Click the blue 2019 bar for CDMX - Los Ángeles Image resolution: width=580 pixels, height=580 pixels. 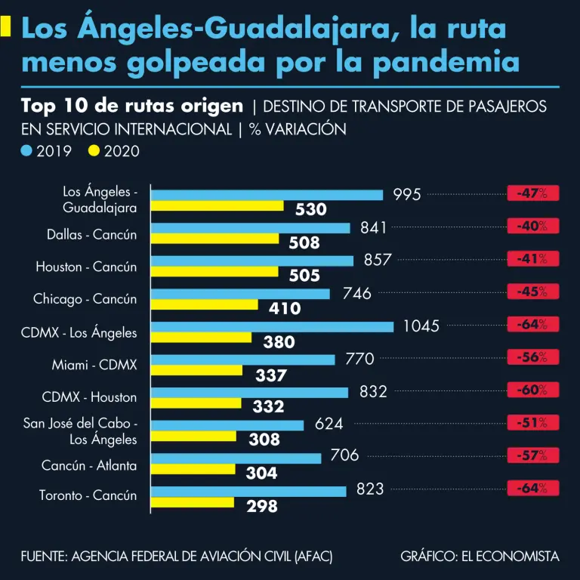click(272, 327)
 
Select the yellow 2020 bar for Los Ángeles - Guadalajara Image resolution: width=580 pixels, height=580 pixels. click(217, 205)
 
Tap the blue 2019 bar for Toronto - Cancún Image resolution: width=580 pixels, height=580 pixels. click(248, 491)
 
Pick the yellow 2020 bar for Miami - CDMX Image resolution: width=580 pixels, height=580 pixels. click(196, 370)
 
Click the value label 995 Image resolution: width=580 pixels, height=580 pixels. click(406, 195)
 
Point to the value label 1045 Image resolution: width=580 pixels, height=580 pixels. click(421, 327)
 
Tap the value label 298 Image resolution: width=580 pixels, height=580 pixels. click(262, 507)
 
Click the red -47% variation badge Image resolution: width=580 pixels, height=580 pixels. click(532, 193)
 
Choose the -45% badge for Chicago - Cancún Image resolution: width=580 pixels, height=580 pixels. click(532, 292)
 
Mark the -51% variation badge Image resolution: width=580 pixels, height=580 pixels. click(532, 423)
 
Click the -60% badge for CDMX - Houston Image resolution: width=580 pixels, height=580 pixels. click(532, 390)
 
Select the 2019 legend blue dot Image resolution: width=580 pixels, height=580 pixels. click(27, 151)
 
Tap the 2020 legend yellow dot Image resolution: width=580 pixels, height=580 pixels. click(94, 151)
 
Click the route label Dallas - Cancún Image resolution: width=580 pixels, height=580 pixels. click(92, 234)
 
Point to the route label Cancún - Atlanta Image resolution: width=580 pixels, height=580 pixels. click(89, 465)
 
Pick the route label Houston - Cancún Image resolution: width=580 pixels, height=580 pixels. click(86, 267)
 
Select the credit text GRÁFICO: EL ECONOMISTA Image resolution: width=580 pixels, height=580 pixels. click(480, 557)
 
